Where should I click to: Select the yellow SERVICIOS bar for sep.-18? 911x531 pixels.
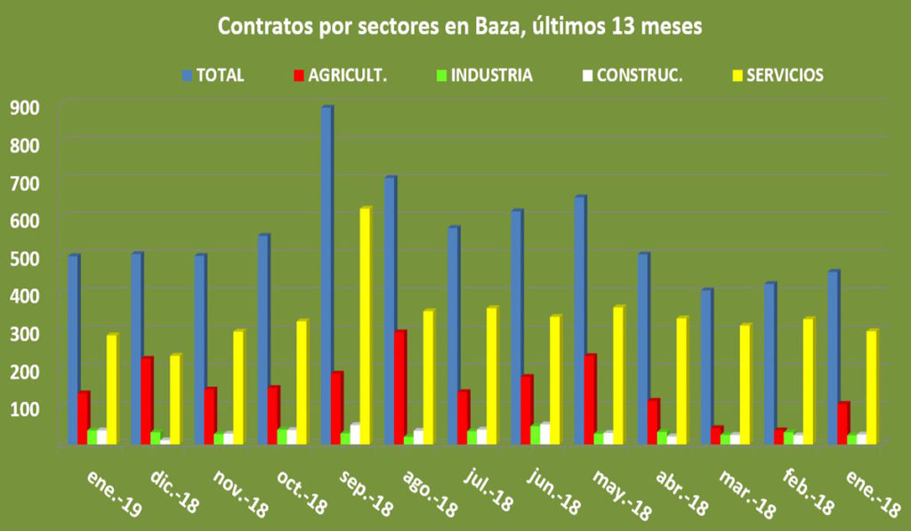point(364,325)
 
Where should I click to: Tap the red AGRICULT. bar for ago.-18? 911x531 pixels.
point(400,386)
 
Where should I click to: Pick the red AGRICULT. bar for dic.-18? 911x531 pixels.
point(147,399)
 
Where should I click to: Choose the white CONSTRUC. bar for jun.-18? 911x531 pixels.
point(544,432)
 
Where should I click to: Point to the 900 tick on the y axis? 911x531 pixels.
point(25,107)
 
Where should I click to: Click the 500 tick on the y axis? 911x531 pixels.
point(25,258)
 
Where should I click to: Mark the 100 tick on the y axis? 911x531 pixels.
point(25,408)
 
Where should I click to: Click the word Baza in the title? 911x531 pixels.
point(486,28)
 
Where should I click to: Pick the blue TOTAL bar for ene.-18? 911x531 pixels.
point(832,356)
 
